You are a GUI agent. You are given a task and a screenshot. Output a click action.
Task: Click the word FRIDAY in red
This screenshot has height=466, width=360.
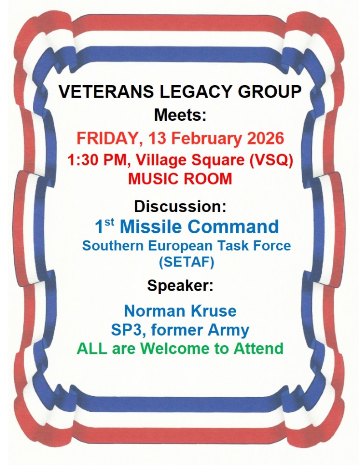coord(106,138)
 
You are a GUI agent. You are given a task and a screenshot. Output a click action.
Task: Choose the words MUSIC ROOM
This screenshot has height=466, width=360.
coord(180,179)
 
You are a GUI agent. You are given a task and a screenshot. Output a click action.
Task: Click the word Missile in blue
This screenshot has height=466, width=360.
coord(148,226)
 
